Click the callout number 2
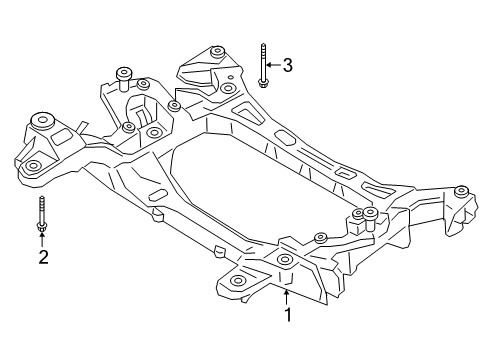pos(43,258)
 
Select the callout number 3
pos(287,66)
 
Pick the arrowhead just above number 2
pos(43,236)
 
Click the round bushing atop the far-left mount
pos(45,119)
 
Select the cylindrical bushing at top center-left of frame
pos(124,73)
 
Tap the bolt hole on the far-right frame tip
pos(461,191)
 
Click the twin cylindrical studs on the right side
pos(364,217)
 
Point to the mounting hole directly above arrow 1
pos(285,261)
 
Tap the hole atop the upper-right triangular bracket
pos(214,51)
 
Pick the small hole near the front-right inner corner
pos(320,237)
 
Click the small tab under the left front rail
pos(156,213)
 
